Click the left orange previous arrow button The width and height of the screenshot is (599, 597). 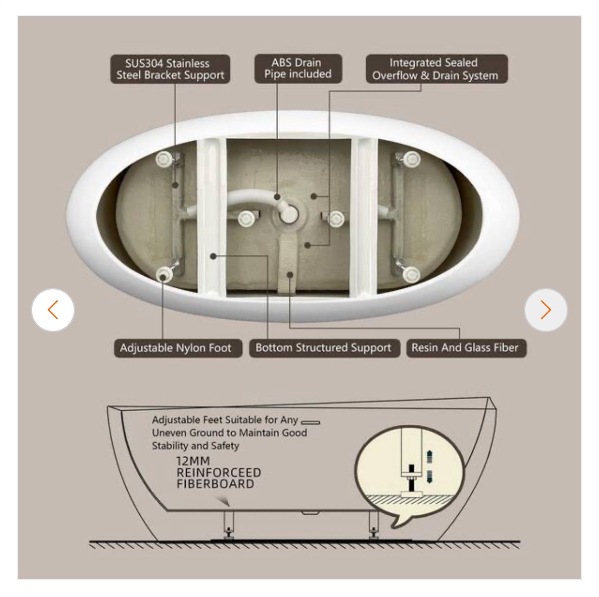click(x=53, y=310)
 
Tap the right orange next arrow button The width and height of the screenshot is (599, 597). click(x=546, y=310)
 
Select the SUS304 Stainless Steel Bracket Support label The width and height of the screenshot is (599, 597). click(x=170, y=69)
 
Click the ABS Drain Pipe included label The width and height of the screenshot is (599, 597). click(x=298, y=68)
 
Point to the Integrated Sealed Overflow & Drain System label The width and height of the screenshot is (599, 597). click(x=437, y=69)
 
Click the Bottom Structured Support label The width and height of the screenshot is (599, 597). click(x=325, y=348)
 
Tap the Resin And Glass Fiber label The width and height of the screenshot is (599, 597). click(x=466, y=348)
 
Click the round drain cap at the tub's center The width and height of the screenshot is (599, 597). click(x=288, y=214)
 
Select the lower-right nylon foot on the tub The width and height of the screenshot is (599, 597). click(x=411, y=274)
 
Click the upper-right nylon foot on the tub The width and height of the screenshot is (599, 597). click(x=412, y=159)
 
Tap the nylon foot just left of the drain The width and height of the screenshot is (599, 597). click(x=247, y=218)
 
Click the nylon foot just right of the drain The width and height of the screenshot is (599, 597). click(x=336, y=218)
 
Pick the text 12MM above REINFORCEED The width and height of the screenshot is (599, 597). click(x=193, y=461)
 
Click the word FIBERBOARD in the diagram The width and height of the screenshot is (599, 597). click(x=215, y=484)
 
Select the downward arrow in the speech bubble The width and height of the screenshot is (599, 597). click(x=429, y=476)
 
